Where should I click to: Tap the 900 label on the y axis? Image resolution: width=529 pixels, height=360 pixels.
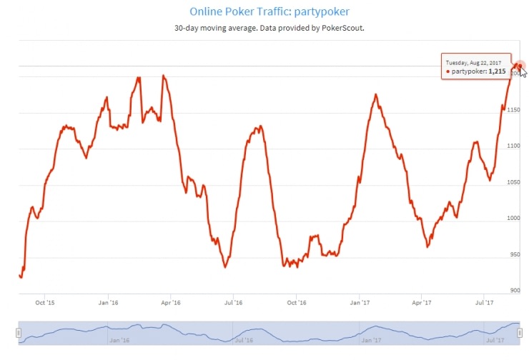point(514,290)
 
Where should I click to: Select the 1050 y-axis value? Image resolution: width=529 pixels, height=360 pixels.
point(513,182)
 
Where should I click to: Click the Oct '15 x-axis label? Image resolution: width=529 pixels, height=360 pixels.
point(44,303)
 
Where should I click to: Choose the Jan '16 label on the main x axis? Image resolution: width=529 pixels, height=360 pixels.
point(108,303)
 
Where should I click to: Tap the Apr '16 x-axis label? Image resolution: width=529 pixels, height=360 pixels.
point(171,303)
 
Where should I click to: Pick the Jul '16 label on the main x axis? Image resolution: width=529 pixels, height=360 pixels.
point(234,303)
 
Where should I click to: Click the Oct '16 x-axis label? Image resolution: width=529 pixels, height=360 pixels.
point(297,303)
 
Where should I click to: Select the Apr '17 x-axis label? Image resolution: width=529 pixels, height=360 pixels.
point(422,303)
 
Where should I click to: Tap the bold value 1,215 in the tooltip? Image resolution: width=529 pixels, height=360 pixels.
point(498,72)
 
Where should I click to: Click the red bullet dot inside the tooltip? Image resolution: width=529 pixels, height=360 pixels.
point(448,73)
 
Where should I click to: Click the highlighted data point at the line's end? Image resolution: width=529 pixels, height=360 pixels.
point(520,66)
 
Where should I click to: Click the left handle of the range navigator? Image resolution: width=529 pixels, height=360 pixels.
point(19,333)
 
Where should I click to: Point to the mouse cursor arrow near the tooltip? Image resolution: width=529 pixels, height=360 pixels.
point(523,72)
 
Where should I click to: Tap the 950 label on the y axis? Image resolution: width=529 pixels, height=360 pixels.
point(514,254)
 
